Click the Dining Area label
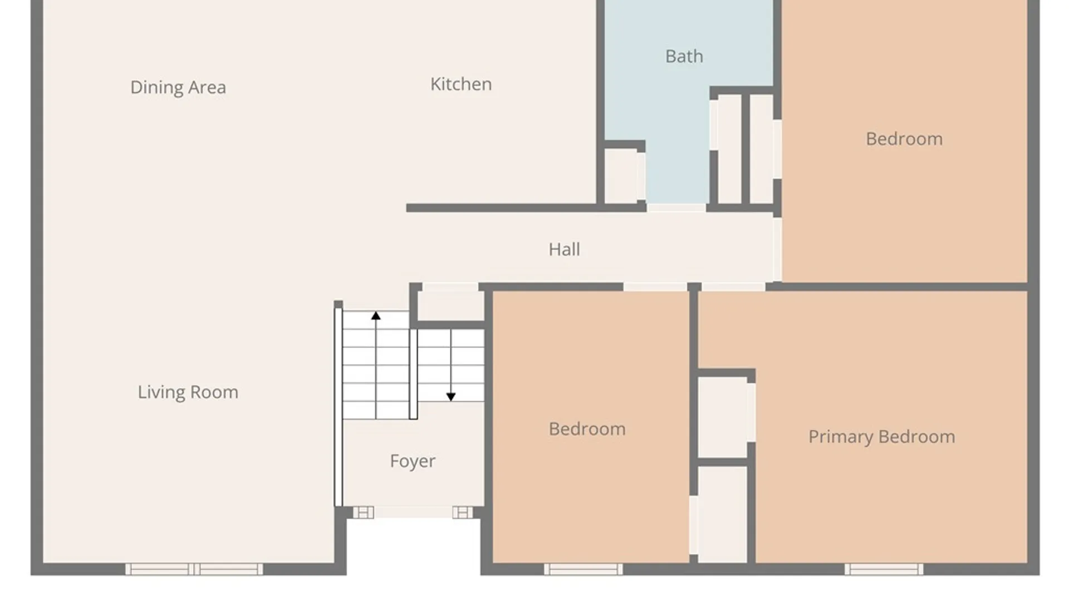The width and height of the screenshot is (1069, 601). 178,87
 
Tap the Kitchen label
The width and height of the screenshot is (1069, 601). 461,84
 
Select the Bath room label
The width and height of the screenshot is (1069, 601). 684,56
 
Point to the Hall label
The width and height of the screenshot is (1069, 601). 564,249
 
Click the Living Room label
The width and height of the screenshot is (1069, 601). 188,392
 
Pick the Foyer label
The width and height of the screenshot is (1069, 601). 413,461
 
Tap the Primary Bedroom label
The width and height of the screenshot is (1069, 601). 882,437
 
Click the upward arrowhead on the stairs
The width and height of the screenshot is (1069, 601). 376,316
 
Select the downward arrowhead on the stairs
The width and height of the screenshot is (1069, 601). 451,397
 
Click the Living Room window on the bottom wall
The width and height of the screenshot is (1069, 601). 194,569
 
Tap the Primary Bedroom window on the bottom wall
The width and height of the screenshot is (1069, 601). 884,569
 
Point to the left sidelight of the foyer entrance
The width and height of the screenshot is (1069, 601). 363,513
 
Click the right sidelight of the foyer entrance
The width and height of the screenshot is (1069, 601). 462,513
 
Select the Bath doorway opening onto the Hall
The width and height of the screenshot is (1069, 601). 676,208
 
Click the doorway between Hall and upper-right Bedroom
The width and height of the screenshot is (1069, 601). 777,249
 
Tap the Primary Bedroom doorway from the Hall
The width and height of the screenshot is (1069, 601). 733,287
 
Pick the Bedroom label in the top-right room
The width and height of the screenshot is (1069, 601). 904,139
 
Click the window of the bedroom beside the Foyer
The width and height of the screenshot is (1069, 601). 583,569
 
